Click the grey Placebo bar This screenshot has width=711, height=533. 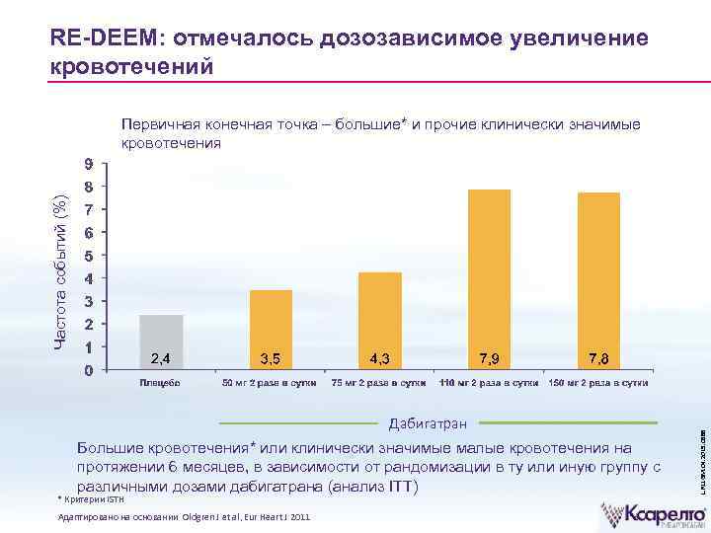(x=161, y=341)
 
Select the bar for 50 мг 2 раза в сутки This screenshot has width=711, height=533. (x=271, y=329)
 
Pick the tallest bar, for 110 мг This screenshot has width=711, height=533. (x=489, y=276)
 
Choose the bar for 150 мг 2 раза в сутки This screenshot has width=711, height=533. (x=598, y=278)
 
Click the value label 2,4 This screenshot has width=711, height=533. (x=161, y=356)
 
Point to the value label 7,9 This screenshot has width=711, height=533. (x=489, y=356)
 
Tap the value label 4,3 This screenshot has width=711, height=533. (x=380, y=356)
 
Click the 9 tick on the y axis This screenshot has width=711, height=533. (x=90, y=163)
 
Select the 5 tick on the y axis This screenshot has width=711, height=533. (x=90, y=256)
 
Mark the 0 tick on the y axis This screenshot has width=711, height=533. (x=90, y=371)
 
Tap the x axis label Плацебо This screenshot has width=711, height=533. (x=160, y=382)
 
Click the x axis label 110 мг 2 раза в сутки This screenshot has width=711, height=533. (x=489, y=382)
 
